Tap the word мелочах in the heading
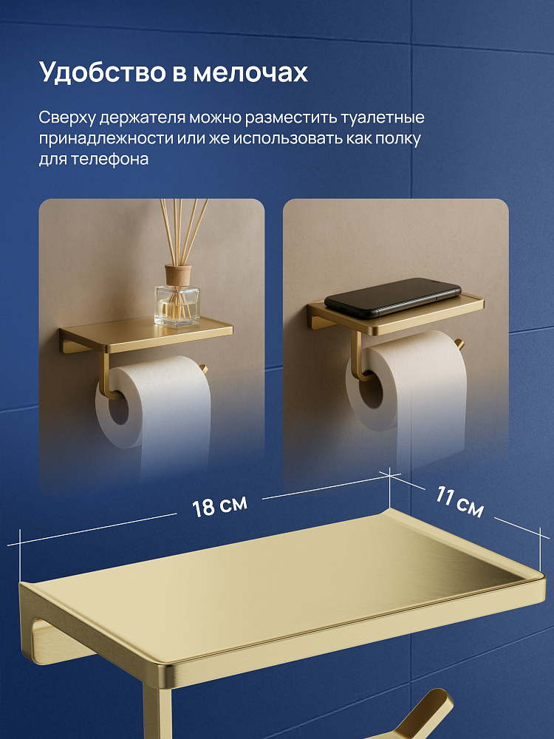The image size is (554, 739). [250, 73]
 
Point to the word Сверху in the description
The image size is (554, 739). [67, 118]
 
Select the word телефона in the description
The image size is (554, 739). [109, 160]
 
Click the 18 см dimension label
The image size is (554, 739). [219, 507]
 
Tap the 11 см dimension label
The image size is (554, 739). [459, 502]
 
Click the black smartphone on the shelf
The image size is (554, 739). [392, 298]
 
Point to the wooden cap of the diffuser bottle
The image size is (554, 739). [178, 275]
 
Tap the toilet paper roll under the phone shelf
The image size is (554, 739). [408, 396]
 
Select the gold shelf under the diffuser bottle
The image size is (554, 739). [146, 335]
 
